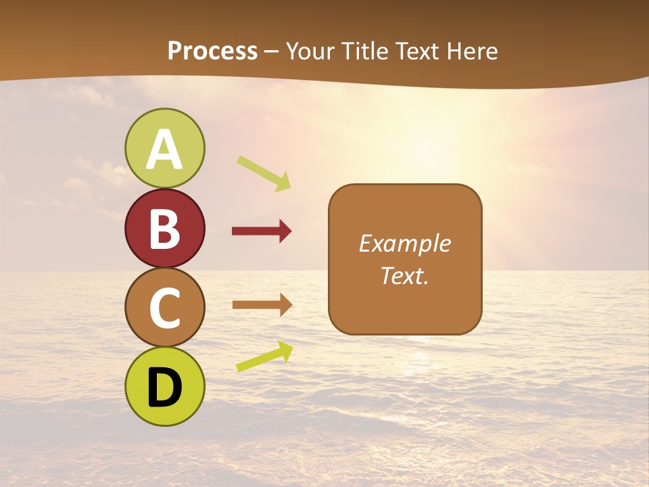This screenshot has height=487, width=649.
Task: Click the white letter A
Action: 165,149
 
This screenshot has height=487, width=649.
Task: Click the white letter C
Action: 165,308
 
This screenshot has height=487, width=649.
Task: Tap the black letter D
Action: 165,388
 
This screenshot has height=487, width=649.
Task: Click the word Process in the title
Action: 212,51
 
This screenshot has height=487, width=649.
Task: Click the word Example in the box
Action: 404,243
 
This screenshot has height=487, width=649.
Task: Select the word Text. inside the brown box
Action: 404,275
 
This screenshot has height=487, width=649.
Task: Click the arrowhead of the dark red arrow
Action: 285,231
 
